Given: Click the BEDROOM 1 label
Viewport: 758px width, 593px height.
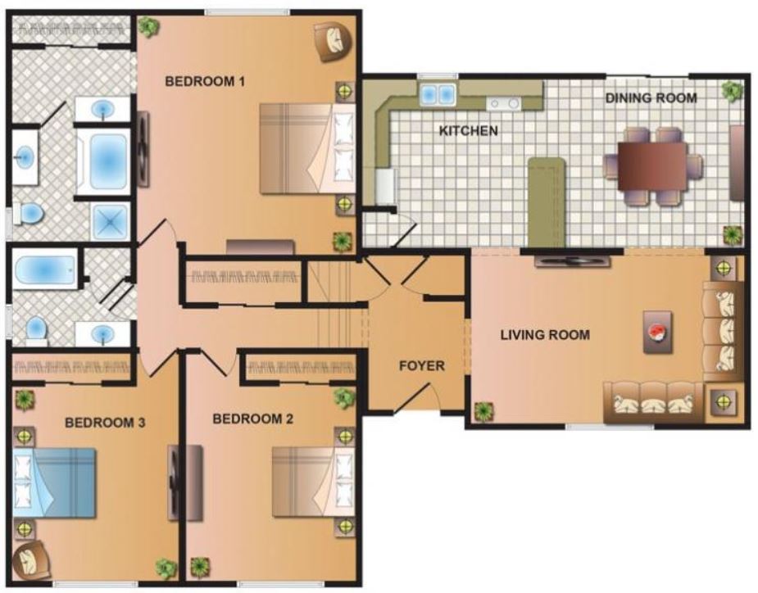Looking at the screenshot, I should tap(206, 81).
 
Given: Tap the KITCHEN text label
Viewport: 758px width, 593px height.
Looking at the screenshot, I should tap(468, 131).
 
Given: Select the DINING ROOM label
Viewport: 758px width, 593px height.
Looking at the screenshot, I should tap(651, 98).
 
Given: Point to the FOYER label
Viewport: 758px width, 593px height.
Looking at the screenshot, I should tap(421, 365).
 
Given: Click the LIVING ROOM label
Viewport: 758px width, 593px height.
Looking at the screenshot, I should tap(545, 335).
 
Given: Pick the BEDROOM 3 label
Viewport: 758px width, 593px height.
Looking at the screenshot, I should tap(105, 423).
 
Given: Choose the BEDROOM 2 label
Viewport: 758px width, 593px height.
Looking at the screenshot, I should tap(252, 419).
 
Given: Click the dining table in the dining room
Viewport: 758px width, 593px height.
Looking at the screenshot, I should tap(652, 165).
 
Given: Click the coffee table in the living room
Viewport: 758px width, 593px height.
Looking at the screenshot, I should tap(659, 332).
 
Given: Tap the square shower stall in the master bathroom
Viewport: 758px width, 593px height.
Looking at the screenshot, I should tap(109, 221).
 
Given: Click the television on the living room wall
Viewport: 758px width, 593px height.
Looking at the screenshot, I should tap(573, 261).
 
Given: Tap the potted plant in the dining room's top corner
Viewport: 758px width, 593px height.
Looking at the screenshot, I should tap(730, 90).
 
